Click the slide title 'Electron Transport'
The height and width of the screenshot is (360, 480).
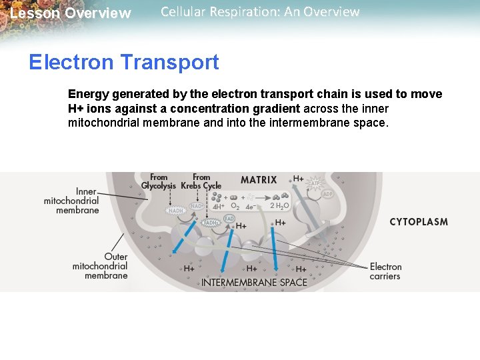pos(124,62)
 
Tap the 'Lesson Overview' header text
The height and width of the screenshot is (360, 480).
pos(71,13)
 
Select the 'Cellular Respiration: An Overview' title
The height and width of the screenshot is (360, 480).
pos(260,12)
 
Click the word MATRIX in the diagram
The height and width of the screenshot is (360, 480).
pos(259,179)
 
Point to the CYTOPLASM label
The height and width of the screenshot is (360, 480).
pos(419,222)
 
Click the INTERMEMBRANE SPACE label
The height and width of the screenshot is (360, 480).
pos(254,282)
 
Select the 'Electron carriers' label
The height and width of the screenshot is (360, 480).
pos(385,271)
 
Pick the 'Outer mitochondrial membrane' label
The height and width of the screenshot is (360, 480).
pos(101,266)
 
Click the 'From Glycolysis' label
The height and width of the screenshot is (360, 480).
pos(159,181)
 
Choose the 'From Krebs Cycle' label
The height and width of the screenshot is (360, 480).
pos(201,181)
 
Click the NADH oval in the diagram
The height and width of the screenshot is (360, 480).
pos(176,211)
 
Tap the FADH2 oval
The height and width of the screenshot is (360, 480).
pos(212,223)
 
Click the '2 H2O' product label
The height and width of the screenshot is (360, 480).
pos(279,206)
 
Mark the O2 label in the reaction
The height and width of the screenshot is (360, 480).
pos(235,207)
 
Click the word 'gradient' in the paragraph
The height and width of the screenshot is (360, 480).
pos(277,109)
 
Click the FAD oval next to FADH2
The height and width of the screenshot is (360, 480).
pos(229,218)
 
